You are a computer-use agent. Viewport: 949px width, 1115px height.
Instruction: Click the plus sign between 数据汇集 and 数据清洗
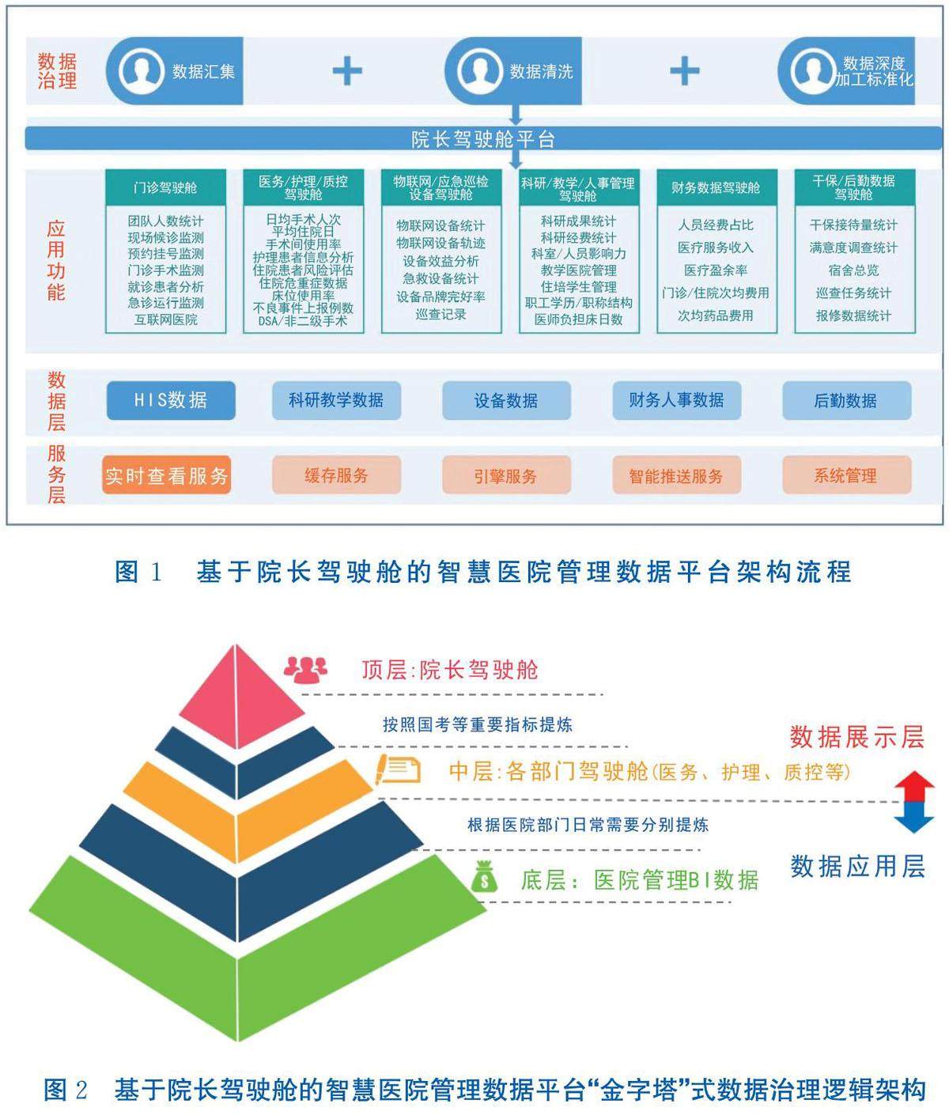[x=346, y=71]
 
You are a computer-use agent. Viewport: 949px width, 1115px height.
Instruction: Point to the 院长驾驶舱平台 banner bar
[x=482, y=139]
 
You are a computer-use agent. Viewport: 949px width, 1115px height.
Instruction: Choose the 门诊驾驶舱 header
[x=165, y=187]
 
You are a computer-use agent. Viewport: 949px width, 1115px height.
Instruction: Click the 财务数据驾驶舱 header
[x=715, y=187]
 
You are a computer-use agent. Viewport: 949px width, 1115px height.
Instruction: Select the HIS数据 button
[x=171, y=400]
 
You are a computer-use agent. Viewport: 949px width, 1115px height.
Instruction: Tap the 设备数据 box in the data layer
[x=506, y=400]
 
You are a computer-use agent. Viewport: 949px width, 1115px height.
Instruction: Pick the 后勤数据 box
[x=846, y=400]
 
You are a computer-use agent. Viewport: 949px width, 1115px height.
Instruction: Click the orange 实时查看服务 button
[x=166, y=475]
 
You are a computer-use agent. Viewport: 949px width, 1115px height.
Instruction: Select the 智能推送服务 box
[x=676, y=476]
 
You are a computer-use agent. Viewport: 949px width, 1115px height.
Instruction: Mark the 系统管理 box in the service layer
[x=846, y=475]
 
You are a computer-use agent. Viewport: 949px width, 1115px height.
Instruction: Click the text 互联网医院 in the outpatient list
[x=165, y=319]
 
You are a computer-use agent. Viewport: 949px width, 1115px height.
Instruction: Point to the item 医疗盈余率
[x=715, y=270]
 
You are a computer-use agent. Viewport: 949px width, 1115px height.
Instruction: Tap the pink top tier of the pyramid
[x=237, y=696]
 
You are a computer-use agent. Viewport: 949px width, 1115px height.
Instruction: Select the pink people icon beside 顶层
[x=305, y=670]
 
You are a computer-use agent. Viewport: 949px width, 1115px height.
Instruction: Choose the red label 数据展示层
[x=857, y=737]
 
